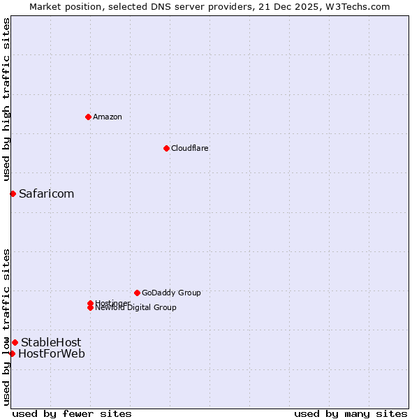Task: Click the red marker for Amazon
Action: (x=88, y=117)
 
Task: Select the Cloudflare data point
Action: (x=166, y=148)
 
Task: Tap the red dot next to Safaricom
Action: (x=13, y=193)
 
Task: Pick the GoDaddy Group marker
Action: (x=137, y=293)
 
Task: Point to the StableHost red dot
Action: (x=15, y=342)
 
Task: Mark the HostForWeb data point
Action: (x=12, y=353)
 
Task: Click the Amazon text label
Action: (x=108, y=117)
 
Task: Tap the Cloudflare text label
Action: (x=190, y=148)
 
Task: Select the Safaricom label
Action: (x=46, y=193)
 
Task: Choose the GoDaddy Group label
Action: (x=171, y=293)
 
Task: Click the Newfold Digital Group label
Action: (x=135, y=308)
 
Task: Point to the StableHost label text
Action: (x=51, y=342)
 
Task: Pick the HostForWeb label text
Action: (x=52, y=353)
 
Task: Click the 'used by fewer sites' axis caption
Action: (x=72, y=413)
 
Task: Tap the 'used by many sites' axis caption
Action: (x=351, y=413)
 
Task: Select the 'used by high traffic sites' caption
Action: (x=7, y=100)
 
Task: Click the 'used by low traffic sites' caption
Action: (x=7, y=326)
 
